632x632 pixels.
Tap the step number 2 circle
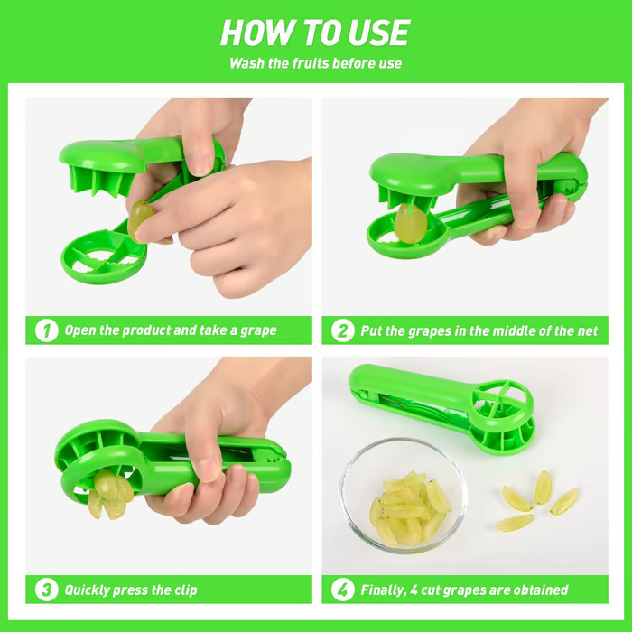pos(343,330)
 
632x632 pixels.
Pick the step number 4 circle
pos(343,590)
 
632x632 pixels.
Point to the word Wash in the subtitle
pos(247,63)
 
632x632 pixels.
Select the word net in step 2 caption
pos(587,331)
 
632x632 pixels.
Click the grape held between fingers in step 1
pos(140,219)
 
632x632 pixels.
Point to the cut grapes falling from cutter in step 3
pos(107,495)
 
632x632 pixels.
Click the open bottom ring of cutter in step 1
pos(102,258)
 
